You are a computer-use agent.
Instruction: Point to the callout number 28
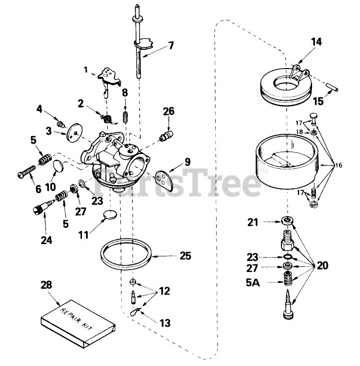click(47, 285)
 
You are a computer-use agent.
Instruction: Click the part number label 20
click(324, 265)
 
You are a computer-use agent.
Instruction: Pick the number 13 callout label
click(165, 323)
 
